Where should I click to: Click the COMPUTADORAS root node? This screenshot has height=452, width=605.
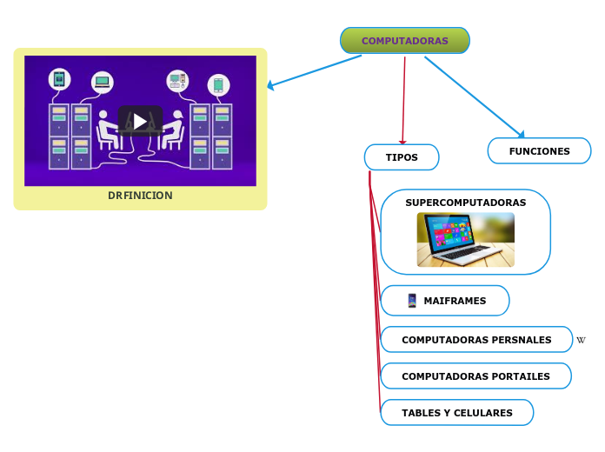(x=404, y=41)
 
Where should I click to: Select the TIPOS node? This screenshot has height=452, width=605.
(x=402, y=157)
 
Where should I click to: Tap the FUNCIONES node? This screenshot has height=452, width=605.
(x=539, y=151)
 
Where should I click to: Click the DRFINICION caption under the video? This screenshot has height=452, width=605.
(x=140, y=196)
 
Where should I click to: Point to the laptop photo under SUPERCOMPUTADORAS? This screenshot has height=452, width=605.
(x=465, y=240)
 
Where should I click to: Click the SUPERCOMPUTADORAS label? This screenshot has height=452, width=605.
(x=465, y=203)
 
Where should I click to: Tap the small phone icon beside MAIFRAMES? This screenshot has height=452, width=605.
(x=412, y=301)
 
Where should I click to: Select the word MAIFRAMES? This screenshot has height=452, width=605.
(x=455, y=301)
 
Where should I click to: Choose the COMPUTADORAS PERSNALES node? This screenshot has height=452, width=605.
(x=476, y=340)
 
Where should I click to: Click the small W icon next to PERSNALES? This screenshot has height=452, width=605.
(x=581, y=340)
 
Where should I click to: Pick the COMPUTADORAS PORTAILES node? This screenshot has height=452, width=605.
(x=475, y=376)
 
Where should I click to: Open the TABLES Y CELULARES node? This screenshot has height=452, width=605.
(x=457, y=413)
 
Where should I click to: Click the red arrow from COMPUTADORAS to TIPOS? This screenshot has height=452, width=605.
(x=403, y=100)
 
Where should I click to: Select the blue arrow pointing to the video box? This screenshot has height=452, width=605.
(x=313, y=71)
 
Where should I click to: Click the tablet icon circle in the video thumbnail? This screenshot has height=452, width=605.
(x=59, y=79)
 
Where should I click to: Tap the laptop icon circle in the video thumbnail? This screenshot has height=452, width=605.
(x=103, y=82)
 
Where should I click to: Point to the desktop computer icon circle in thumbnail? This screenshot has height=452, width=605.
(x=177, y=81)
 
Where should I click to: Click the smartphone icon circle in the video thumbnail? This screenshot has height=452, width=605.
(x=218, y=84)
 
